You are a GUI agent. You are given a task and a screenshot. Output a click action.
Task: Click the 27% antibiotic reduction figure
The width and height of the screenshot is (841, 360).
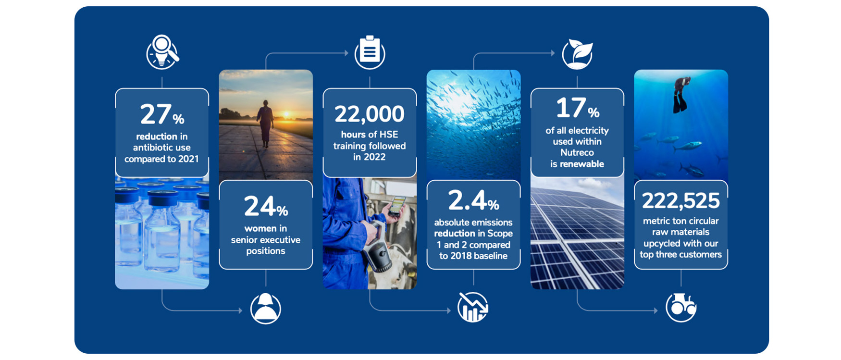(162, 114)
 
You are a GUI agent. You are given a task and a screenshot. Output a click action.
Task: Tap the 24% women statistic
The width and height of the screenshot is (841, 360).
(266, 207)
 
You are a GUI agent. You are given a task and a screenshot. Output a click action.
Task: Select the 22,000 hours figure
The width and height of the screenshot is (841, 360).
(370, 114)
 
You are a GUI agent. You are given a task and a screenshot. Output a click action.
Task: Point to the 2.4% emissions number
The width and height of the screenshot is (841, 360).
(473, 200)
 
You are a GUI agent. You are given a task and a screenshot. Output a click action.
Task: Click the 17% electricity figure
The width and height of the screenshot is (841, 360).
(577, 108)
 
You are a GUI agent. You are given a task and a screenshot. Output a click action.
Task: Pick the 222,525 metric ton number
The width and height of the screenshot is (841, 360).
(681, 201)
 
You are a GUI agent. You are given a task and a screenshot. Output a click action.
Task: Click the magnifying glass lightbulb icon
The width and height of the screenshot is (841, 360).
(162, 51)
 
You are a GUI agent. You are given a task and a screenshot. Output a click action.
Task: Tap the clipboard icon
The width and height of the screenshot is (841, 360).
(370, 52)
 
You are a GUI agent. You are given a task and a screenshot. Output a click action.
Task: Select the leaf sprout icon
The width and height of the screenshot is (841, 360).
(578, 54)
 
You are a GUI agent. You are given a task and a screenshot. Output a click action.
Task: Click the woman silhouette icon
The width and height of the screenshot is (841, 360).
(266, 309)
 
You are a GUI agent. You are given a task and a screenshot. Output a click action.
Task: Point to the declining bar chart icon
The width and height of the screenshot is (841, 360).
(473, 307)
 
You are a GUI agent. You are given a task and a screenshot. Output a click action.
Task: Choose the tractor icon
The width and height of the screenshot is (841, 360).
(681, 307)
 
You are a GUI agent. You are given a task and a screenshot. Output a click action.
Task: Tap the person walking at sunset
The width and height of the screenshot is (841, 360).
(265, 123)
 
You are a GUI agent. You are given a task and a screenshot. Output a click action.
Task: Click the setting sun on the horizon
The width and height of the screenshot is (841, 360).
(286, 114)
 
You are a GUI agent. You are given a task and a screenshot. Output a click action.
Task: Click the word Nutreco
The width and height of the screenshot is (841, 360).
(577, 153)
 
